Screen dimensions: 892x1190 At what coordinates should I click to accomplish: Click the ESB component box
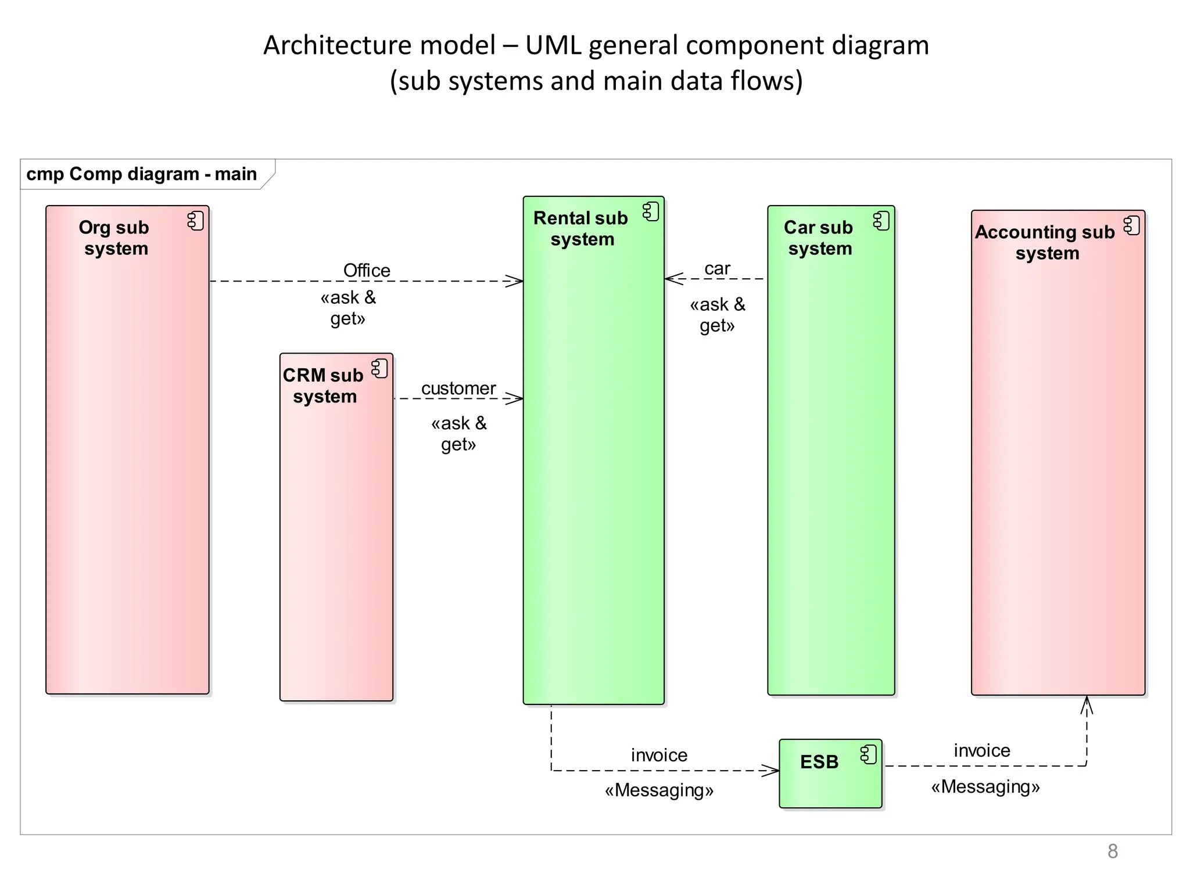(830, 781)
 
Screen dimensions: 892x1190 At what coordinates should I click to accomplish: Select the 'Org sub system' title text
(115, 238)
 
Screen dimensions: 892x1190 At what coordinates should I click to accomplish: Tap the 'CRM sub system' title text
(324, 386)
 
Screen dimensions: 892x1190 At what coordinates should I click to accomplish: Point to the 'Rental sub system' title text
(581, 228)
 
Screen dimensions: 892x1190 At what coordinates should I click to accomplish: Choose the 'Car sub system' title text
(819, 238)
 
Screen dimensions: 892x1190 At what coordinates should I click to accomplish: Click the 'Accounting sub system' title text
(1046, 242)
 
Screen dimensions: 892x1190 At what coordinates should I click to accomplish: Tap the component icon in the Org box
(196, 221)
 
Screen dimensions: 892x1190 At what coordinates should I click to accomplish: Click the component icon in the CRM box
(380, 369)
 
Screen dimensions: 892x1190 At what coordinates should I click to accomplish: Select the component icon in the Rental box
(651, 212)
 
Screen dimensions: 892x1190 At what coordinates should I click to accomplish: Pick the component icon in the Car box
(881, 221)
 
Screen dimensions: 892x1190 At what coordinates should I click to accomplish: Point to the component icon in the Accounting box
(1132, 226)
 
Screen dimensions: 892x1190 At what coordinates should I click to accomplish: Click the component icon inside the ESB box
(869, 755)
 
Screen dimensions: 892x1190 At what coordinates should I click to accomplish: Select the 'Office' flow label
(367, 271)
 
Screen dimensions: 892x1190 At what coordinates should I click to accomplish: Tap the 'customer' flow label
(458, 389)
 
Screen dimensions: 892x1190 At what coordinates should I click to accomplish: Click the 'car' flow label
(717, 269)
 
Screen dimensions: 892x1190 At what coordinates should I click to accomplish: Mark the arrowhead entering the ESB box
(771, 771)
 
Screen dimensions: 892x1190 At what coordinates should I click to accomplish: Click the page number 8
(1112, 851)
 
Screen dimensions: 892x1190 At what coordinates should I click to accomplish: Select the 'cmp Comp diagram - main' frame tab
(142, 174)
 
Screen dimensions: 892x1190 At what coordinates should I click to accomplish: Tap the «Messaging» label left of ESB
(659, 790)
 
